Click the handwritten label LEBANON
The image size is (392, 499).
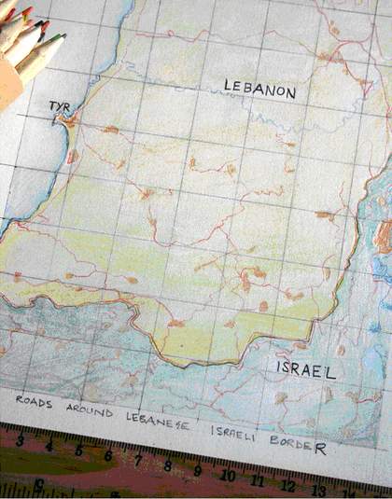259,90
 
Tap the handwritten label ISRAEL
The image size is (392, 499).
305,369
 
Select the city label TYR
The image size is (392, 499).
59,106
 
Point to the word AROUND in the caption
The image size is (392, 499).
91,411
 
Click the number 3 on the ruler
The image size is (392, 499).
21,438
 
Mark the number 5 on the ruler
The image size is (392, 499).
78,450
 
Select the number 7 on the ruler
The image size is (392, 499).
137,462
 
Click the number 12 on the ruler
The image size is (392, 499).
289,486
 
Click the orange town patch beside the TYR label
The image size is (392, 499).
69,120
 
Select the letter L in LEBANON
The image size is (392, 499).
227,86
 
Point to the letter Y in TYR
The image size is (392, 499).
59,106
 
